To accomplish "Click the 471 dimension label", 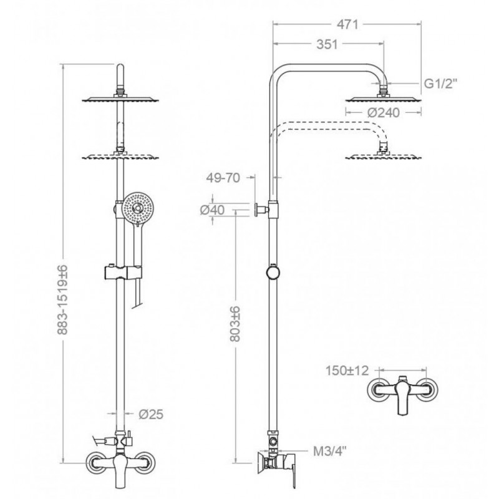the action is [x=348, y=24].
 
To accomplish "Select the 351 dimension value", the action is [x=327, y=44].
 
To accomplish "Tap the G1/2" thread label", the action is [x=441, y=84].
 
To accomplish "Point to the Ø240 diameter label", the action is [x=384, y=112].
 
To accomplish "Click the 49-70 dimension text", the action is [x=223, y=178].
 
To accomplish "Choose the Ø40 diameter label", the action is [x=212, y=210].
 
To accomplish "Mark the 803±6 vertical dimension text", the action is [x=235, y=324].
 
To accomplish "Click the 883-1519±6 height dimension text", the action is [x=63, y=299].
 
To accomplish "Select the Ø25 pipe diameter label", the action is [x=151, y=414].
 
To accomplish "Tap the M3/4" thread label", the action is [x=330, y=451].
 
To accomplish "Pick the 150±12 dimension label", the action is [x=347, y=371].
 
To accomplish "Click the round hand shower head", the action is [x=138, y=208].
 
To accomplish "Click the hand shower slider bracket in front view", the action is [x=123, y=273].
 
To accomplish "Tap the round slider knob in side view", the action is [x=273, y=273].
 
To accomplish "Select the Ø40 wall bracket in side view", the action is [x=261, y=210].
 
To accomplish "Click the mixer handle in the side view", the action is [x=291, y=473].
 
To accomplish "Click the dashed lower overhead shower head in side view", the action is [x=384, y=156].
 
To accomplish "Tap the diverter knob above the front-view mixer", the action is [x=130, y=440].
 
